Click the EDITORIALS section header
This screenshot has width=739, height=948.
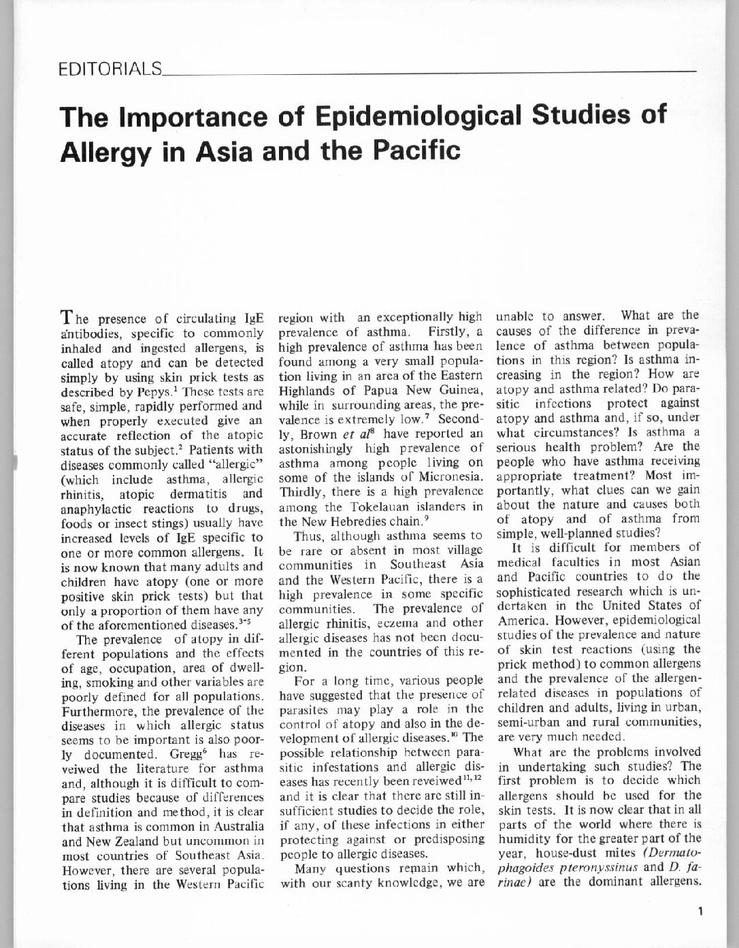tap(110, 69)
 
